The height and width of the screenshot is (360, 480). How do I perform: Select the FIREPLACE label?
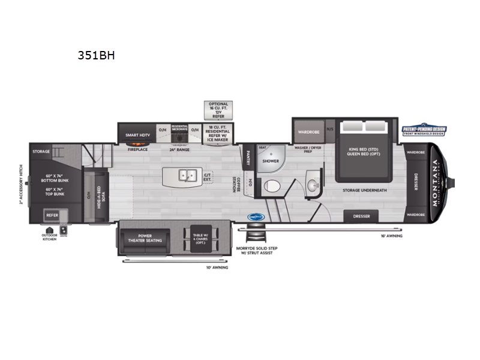[x=137, y=149]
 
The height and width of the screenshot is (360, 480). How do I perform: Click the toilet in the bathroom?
[x=273, y=185]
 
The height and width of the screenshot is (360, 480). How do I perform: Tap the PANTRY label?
[x=248, y=158]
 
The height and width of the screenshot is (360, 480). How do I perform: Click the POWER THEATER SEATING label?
[x=144, y=238]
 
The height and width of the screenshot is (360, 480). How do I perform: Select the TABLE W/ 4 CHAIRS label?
[x=200, y=238]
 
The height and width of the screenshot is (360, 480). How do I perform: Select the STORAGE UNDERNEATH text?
[x=364, y=190]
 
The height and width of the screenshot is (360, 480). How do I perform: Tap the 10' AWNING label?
[x=218, y=268]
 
